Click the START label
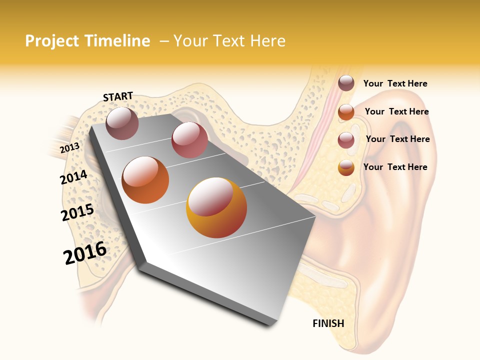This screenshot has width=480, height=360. [x=118, y=96]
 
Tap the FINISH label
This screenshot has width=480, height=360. [x=328, y=323]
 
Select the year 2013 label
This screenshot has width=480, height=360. [x=69, y=148]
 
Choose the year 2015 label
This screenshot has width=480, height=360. [x=77, y=212]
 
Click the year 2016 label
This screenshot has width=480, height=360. [x=85, y=253]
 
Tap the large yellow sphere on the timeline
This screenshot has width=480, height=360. [x=216, y=208]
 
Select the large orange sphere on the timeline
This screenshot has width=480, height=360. [x=145, y=180]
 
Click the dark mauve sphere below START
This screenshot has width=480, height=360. [x=122, y=123]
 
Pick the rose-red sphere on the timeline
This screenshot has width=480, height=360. [x=189, y=140]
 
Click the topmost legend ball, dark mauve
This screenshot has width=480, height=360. [x=346, y=83]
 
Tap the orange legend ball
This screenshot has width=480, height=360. [x=346, y=112]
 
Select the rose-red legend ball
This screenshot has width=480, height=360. [x=346, y=140]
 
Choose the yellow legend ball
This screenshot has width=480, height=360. [x=346, y=167]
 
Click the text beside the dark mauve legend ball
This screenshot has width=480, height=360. [x=395, y=84]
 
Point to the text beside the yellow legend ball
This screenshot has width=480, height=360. [x=395, y=167]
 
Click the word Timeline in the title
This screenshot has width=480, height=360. [x=118, y=41]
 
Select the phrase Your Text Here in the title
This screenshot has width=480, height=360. [x=229, y=41]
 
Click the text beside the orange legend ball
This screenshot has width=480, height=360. [x=396, y=112]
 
